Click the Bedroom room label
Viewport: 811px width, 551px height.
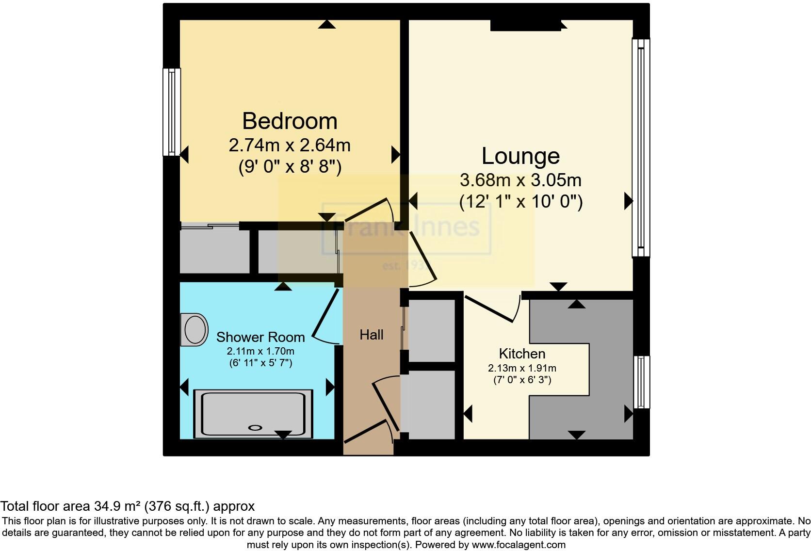(290, 121)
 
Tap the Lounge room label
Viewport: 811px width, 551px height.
(520, 156)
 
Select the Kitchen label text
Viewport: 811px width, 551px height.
(522, 354)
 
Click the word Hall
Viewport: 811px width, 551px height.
(372, 335)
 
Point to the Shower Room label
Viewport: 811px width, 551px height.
(260, 337)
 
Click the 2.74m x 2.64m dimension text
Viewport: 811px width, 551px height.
(290, 145)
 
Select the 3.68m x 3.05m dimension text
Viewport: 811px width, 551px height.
(520, 180)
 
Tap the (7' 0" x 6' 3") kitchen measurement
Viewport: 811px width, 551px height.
(522, 380)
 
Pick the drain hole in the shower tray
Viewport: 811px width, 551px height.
(255, 428)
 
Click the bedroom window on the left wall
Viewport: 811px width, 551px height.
(171, 112)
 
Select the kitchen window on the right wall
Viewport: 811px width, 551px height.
(642, 382)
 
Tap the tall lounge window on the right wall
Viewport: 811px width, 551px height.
(641, 147)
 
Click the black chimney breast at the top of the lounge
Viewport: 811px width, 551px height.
(526, 25)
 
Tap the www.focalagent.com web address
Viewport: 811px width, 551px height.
(519, 545)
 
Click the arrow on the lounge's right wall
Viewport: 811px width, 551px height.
(628, 201)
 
